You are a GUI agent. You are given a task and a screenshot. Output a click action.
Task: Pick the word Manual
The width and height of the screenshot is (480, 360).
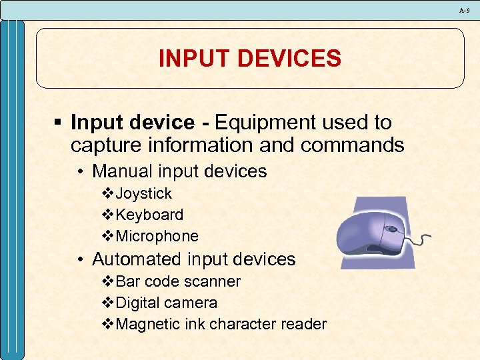[x=121, y=171]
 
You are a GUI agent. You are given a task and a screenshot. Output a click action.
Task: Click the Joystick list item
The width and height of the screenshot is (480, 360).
[x=143, y=194]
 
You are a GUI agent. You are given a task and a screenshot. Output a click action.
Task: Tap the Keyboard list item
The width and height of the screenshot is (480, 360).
[x=149, y=215]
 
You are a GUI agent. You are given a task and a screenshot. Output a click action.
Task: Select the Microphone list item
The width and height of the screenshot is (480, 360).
[x=157, y=236]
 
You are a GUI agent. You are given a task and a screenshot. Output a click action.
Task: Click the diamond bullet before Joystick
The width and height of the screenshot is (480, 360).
[x=109, y=194]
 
